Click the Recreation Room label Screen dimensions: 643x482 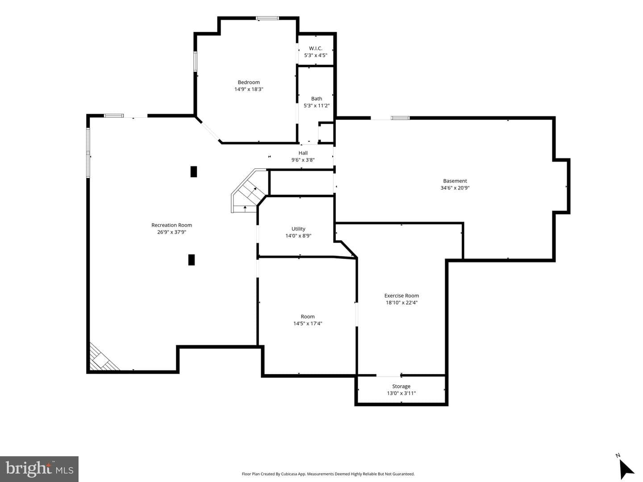coord(171,225)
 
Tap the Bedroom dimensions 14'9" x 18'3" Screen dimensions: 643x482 coord(249,89)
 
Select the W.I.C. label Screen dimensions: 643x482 coord(316,48)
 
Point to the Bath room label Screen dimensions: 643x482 coord(317,99)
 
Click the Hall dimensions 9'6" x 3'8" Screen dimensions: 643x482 coord(303,160)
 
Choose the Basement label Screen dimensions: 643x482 coord(455,181)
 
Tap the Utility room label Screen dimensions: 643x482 coord(298,229)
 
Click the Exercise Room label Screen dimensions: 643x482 coord(401,296)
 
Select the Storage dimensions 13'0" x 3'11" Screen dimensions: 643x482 coord(401,393)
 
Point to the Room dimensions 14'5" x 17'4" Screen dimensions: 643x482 coord(308,323)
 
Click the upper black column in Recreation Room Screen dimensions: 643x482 coord(194,172)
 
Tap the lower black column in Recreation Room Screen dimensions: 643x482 coord(191,260)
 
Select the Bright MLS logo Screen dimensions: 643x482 coord(39,469)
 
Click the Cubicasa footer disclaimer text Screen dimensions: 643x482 coord(328,474)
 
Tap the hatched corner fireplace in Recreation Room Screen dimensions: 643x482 coord(103,358)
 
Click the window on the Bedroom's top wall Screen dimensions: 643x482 coord(267,18)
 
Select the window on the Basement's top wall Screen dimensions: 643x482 coord(400,118)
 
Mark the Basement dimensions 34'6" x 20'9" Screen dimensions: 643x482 coord(455,188)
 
